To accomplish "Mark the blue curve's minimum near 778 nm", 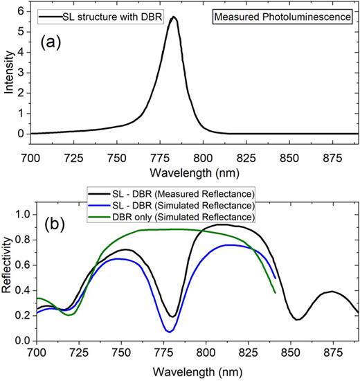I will pos(170,332).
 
